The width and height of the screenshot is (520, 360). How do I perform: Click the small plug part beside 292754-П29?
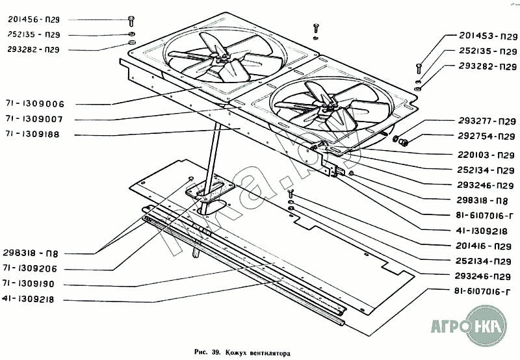[x=403, y=140]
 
